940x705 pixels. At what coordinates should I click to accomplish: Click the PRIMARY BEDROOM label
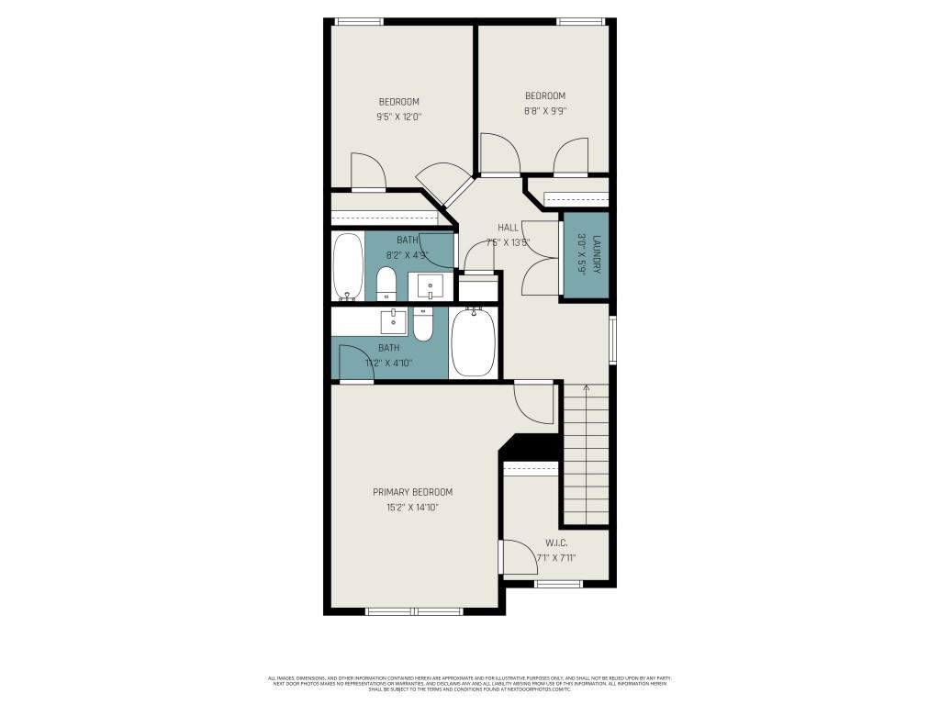(x=412, y=492)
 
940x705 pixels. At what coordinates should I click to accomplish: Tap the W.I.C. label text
(x=556, y=543)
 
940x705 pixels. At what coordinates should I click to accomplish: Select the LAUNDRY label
(x=596, y=255)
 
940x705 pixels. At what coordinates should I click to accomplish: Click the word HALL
(x=508, y=228)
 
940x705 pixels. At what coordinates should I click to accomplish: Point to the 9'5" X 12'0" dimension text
(x=398, y=117)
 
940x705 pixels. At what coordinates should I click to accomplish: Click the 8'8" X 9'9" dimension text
(x=545, y=111)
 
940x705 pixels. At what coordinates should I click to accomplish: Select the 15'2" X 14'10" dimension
(x=412, y=508)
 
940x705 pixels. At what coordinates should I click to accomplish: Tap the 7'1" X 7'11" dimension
(x=556, y=557)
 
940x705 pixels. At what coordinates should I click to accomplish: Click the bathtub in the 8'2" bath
(x=347, y=267)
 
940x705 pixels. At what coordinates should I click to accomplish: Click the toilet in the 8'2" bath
(x=386, y=284)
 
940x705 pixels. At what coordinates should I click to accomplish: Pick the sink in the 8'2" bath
(x=430, y=285)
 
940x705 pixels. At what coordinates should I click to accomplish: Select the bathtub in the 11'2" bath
(x=473, y=342)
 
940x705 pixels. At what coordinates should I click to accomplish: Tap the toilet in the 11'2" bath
(x=423, y=324)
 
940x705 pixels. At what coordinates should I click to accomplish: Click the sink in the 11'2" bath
(x=394, y=321)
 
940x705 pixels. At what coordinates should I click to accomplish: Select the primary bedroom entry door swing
(x=533, y=400)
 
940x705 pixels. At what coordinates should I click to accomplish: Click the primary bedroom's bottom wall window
(x=414, y=610)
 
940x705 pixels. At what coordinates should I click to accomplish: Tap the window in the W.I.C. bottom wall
(x=558, y=584)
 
